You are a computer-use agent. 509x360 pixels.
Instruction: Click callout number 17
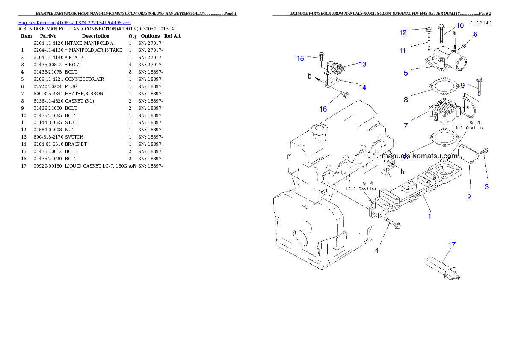coord(452,245)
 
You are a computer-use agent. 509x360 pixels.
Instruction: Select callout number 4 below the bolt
coord(377,250)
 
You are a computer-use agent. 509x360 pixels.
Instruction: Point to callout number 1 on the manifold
coord(430,216)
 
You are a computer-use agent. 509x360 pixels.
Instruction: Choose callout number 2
coord(469,197)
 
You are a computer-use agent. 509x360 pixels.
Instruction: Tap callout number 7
coord(406,125)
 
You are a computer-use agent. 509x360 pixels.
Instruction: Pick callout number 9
coord(462,85)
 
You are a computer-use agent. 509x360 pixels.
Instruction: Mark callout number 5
coord(406,73)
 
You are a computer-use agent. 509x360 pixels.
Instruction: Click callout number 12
coord(403,32)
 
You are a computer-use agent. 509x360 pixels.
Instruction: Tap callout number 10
coord(460,26)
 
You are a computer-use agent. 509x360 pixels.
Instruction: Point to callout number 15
coord(301,59)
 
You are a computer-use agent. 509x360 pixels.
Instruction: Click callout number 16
coord(323,109)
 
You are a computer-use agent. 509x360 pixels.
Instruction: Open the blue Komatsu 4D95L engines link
coord(74,22)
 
